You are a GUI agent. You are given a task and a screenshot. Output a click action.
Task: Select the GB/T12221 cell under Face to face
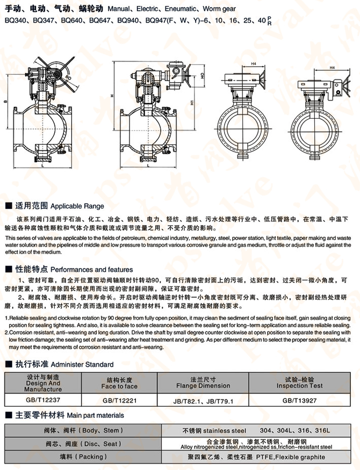coord(119,400)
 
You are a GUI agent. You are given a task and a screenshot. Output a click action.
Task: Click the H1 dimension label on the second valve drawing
coord(191,102)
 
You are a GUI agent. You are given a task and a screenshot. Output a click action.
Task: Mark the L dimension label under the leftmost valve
coord(42,167)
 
